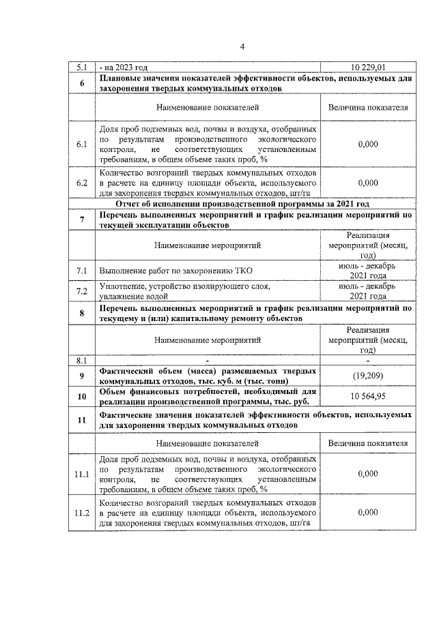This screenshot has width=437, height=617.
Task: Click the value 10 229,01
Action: pos(368,67)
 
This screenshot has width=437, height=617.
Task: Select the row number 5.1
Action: pos(81,67)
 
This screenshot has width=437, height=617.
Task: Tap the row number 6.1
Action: pos(81,145)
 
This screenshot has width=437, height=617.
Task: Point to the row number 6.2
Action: pos(81,183)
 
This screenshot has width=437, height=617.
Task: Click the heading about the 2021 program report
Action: pos(242,203)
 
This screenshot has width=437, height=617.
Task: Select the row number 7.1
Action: pos(81,271)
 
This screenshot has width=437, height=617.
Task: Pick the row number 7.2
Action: pos(81,291)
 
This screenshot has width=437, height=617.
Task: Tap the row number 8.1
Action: pos(81,359)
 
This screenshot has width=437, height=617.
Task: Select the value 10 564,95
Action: pos(368,397)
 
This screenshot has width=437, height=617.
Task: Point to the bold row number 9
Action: pos(81,376)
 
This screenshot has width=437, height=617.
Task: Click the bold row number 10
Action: pos(81,397)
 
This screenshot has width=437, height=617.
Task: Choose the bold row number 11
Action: pos(81,419)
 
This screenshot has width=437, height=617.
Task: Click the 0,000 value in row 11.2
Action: pos(368,512)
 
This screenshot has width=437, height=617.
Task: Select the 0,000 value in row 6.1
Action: pos(368,145)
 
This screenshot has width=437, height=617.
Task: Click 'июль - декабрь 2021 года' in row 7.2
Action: pos(368,291)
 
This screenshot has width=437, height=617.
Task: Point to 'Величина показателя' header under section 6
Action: pos(368,108)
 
